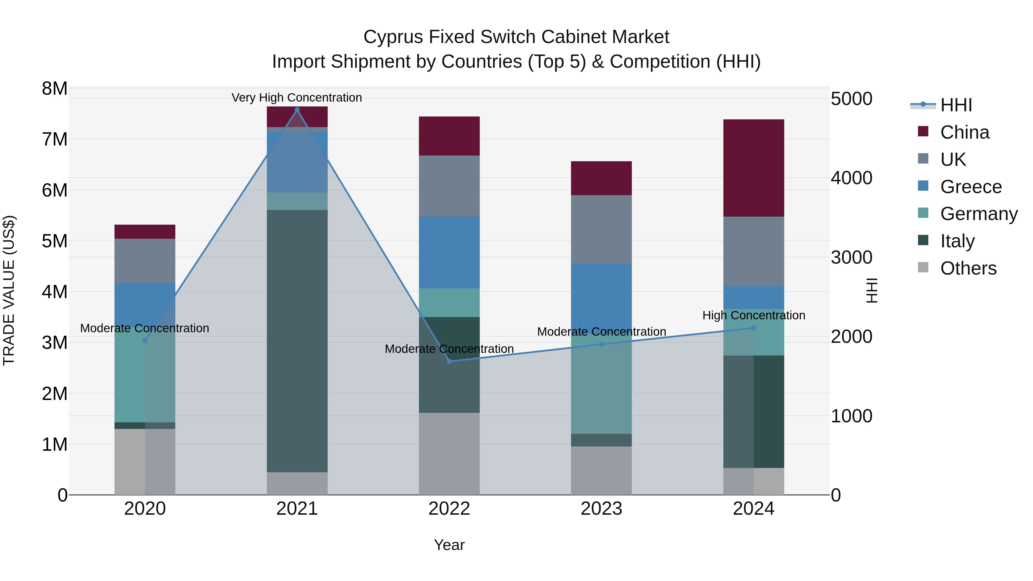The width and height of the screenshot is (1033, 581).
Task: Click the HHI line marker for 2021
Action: [297, 110]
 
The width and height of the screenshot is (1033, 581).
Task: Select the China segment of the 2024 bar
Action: [754, 168]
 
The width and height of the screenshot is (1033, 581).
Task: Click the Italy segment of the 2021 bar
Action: [297, 341]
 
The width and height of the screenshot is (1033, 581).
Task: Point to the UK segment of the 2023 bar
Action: [601, 229]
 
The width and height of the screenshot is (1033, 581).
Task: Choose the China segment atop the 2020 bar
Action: [145, 232]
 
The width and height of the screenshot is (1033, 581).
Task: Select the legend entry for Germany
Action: [978, 214]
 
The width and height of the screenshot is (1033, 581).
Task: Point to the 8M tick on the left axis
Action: [55, 89]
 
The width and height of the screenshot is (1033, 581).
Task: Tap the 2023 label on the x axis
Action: [601, 509]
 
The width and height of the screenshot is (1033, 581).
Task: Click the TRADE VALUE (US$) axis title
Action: [9, 290]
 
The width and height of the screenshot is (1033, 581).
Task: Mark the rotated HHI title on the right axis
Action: [872, 290]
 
